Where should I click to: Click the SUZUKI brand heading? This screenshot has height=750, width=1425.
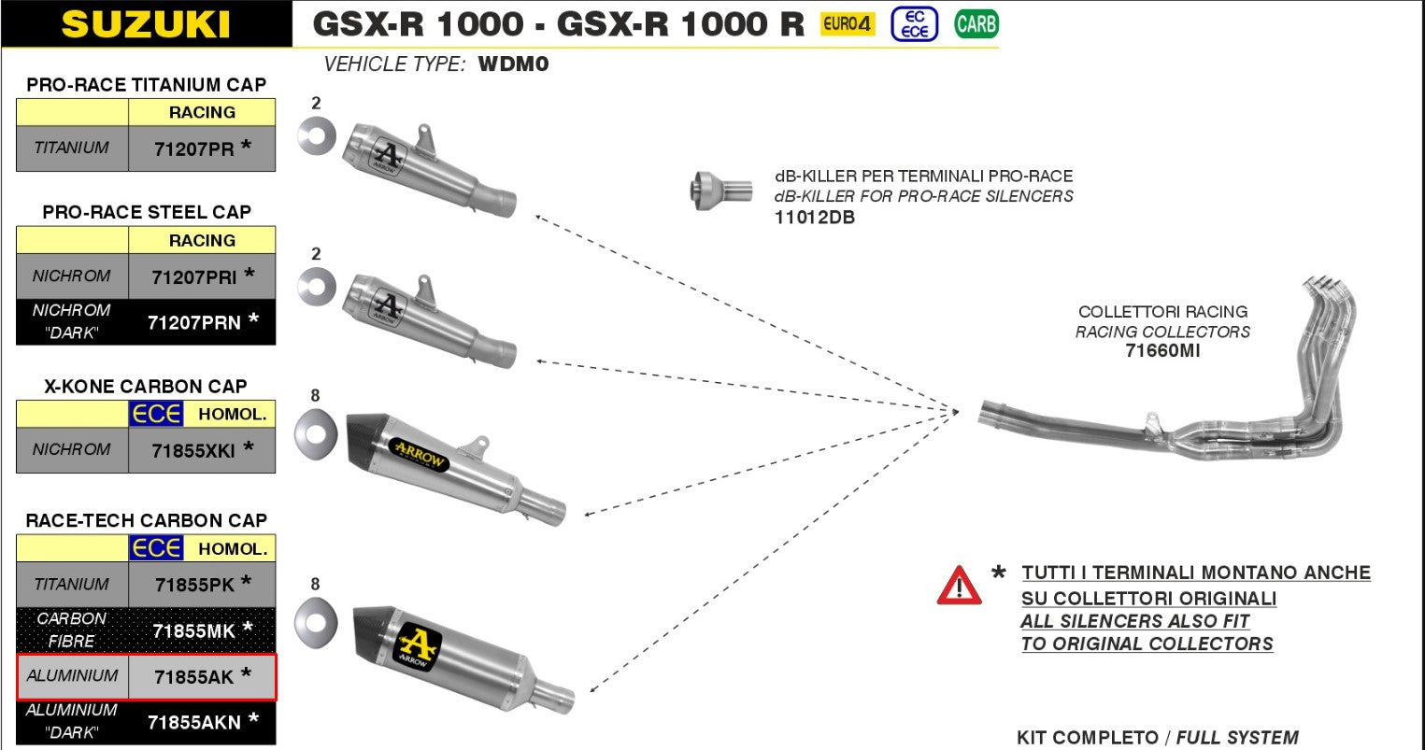[146, 24]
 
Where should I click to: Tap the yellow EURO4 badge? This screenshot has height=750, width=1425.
[847, 24]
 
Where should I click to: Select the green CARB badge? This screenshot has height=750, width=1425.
[976, 24]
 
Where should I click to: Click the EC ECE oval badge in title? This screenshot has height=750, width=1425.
[914, 24]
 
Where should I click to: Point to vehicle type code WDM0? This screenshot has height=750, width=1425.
[513, 64]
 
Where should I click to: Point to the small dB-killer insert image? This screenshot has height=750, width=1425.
[720, 191]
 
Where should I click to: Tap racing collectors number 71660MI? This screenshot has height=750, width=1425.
[1162, 351]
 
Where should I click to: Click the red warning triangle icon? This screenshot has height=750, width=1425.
[959, 587]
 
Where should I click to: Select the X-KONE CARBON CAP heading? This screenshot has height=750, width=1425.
[146, 386]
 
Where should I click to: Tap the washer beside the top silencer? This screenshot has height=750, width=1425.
[317, 136]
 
